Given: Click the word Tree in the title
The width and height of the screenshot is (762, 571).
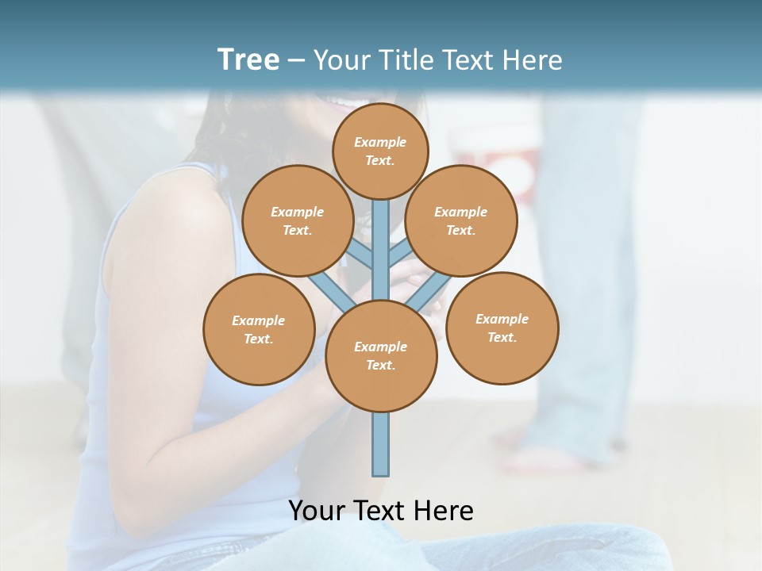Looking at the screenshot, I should point(248,59).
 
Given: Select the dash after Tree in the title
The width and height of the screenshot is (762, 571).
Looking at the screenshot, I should point(296,60).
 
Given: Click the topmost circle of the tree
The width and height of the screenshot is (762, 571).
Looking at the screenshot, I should point(380,151).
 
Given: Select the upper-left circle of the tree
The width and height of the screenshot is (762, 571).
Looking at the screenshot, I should point(298,220).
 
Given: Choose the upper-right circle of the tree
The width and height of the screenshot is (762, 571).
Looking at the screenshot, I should point(461,220).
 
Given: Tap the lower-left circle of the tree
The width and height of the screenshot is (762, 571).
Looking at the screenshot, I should point(259,329).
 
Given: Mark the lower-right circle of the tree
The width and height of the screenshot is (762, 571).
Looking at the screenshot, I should point(502,328).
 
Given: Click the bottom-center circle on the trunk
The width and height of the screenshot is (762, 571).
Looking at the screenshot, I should point(381,355).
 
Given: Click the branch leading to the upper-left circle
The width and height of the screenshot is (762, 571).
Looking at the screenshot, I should point(360,255).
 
